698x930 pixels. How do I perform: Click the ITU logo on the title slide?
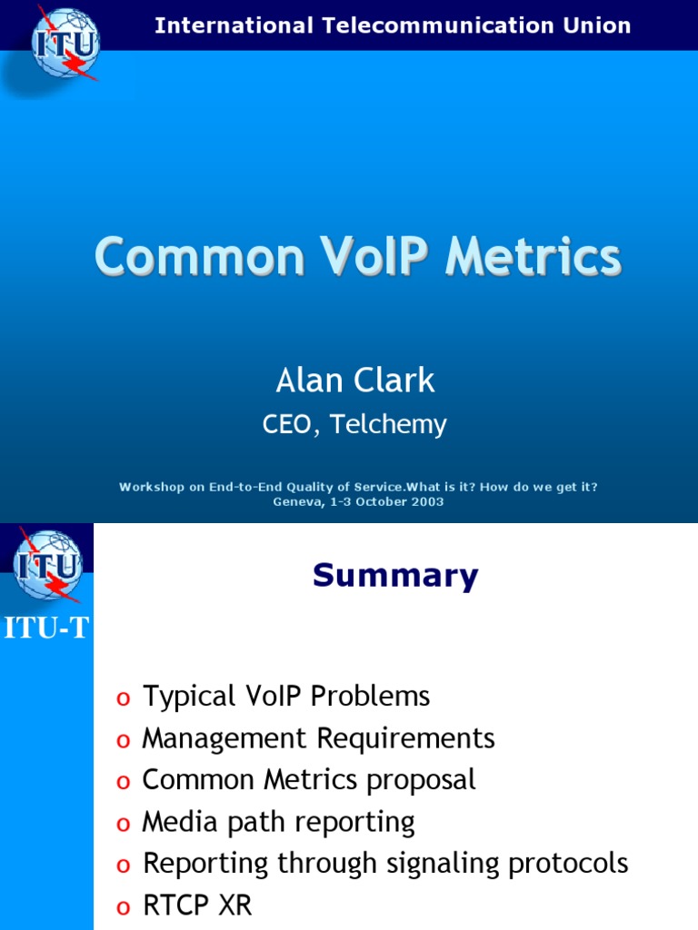pyautogui.click(x=65, y=44)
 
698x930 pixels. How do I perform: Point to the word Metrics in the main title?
pyautogui.click(x=533, y=256)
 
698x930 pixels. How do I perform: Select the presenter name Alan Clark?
pyautogui.click(x=355, y=381)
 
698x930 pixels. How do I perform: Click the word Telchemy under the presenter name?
pyautogui.click(x=388, y=424)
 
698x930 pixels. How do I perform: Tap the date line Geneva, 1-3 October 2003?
pyautogui.click(x=358, y=501)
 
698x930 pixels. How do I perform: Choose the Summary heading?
pyautogui.click(x=395, y=576)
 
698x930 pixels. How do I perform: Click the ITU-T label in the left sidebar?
pyautogui.click(x=46, y=628)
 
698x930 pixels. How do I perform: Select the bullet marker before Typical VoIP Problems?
pyautogui.click(x=123, y=698)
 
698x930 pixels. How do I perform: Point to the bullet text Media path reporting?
pyautogui.click(x=278, y=822)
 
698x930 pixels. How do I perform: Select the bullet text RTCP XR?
pyautogui.click(x=197, y=905)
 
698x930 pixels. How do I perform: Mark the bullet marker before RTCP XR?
pyautogui.click(x=123, y=907)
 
